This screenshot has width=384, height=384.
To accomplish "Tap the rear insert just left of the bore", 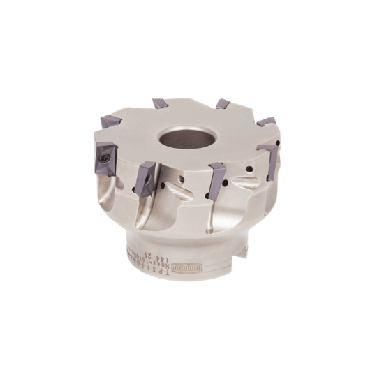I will (160, 104).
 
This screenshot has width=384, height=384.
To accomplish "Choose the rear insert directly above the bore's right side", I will (223, 104).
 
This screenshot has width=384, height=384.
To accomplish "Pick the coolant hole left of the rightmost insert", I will (251, 169).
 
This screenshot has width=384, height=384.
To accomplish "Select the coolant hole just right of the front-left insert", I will (165, 187).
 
